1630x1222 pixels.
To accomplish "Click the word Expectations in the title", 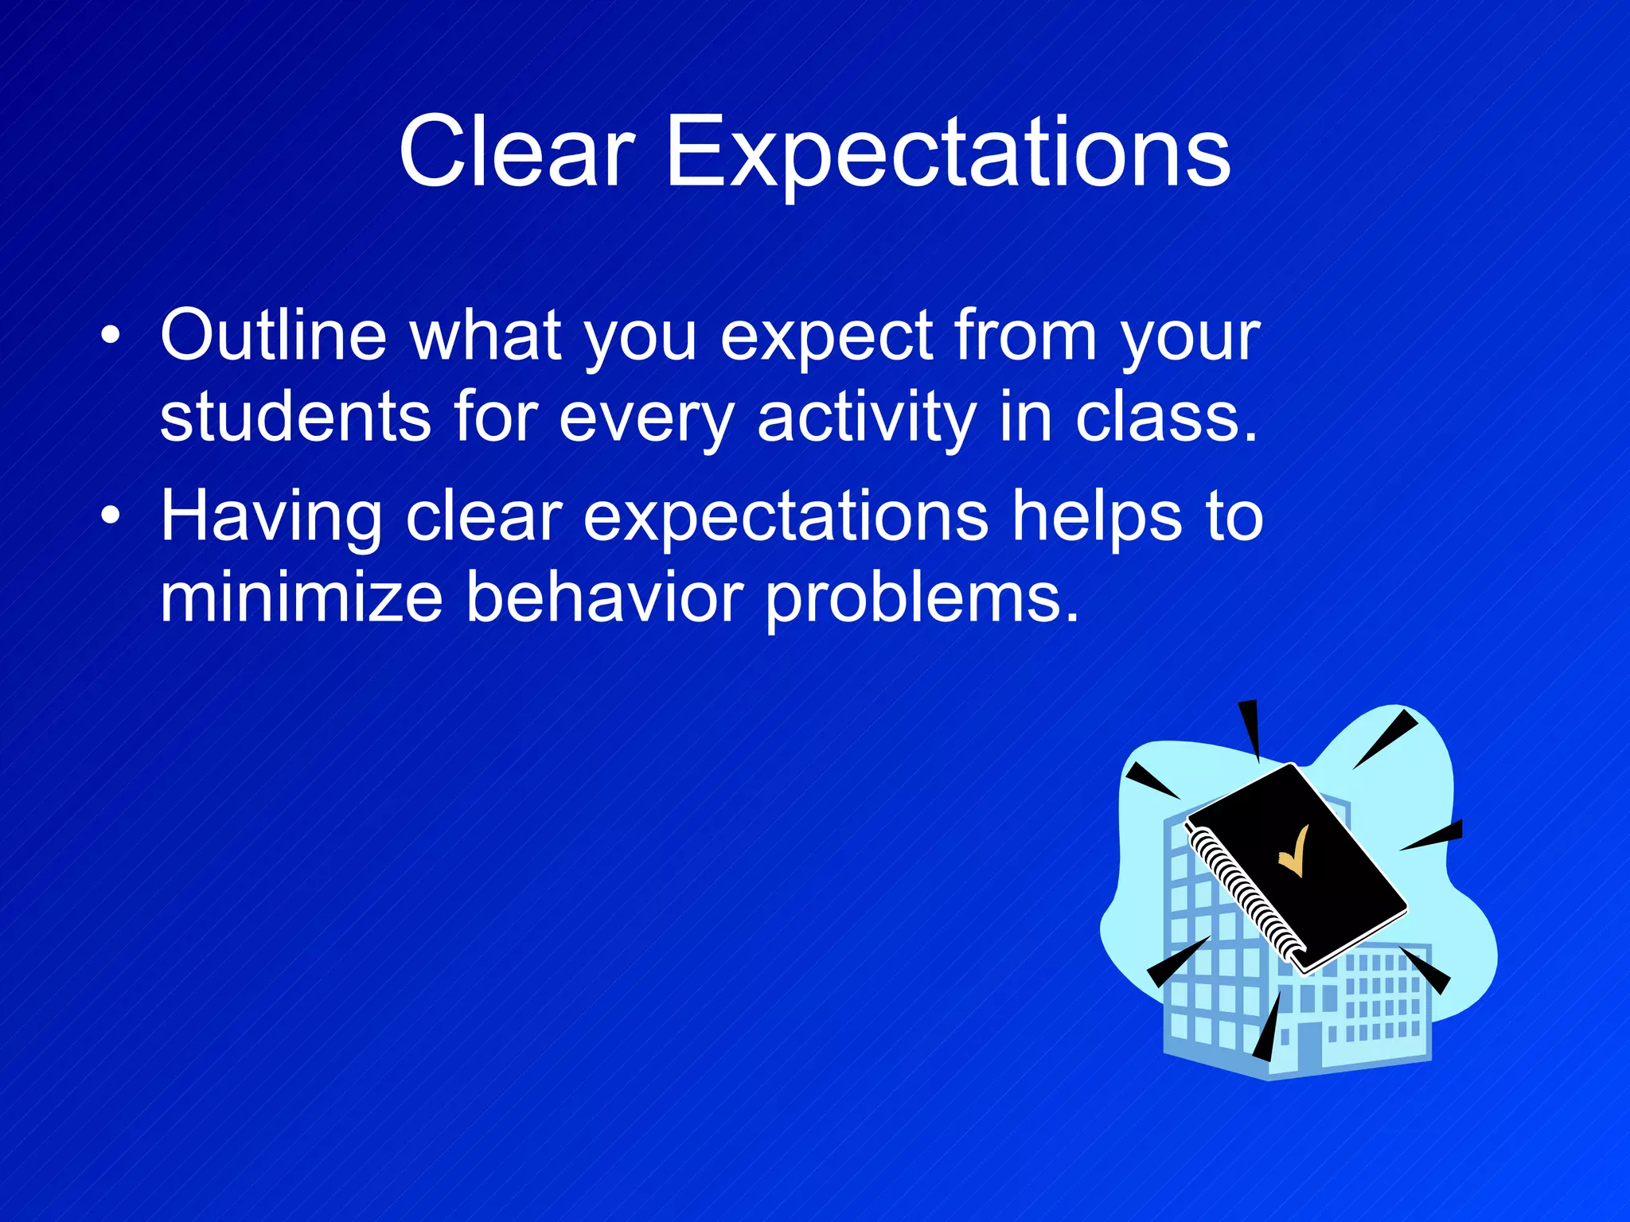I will (947, 155).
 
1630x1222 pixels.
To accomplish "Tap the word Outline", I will (273, 336).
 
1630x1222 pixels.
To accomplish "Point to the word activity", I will (866, 420).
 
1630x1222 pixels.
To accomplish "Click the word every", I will (646, 420).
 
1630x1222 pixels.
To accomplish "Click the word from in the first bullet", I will (1026, 336).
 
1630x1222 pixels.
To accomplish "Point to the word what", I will (485, 336).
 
